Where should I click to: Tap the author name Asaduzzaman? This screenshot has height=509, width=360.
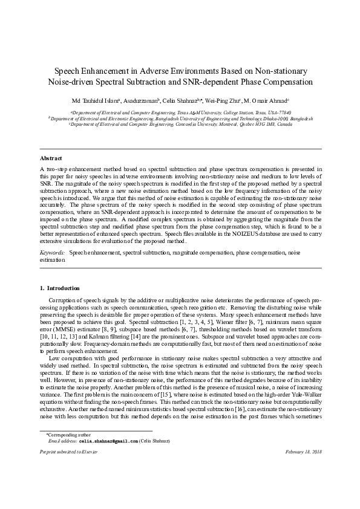(x=140, y=100)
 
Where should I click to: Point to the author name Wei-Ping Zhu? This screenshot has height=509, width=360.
(x=224, y=100)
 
